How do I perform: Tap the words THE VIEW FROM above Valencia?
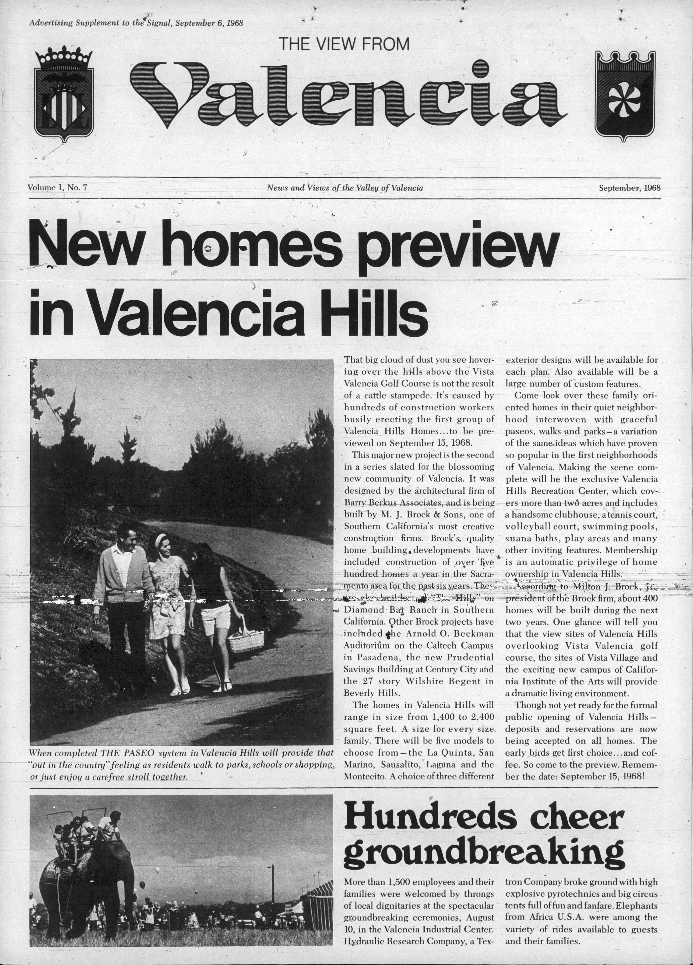click(x=344, y=44)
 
